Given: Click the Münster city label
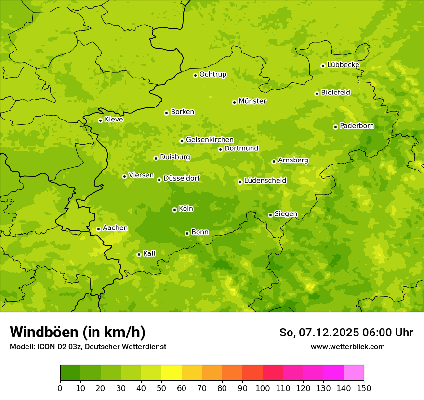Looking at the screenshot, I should point(252,101).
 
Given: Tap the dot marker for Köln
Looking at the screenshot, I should point(174,210).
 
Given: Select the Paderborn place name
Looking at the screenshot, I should point(357,126).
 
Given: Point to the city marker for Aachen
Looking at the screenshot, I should point(98,229).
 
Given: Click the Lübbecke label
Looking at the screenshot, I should point(343,65).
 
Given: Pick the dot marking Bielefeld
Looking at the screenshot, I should point(317,93).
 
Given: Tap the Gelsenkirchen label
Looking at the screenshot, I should point(210,140).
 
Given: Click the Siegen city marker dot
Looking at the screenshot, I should point(270,215).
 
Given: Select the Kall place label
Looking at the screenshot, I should point(149,253).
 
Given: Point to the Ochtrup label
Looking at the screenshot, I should point(212,74).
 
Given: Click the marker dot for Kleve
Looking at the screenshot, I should point(100,120).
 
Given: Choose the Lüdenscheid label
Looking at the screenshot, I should point(265,181).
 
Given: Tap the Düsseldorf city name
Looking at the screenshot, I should point(181,178).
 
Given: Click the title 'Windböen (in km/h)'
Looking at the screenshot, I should point(78,332).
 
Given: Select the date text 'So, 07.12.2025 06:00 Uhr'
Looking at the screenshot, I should point(346,333).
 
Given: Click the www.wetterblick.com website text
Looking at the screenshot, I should point(347,347).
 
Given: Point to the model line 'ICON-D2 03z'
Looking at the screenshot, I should point(88,347).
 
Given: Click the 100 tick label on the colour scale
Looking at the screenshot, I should point(263,388).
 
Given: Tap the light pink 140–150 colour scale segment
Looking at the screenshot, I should point(354,373).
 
